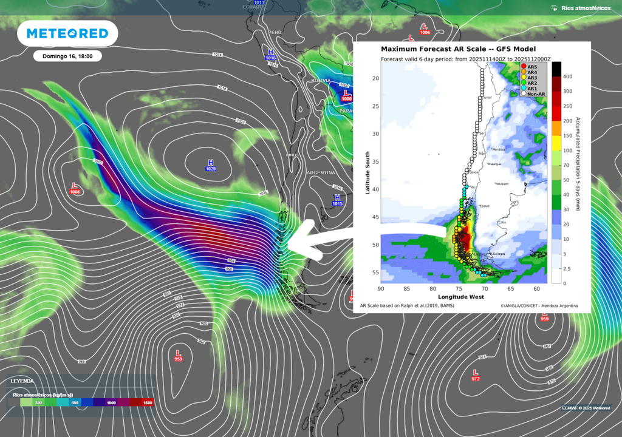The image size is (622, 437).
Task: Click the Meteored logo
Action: coord(67,34)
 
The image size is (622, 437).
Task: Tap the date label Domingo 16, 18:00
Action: coord(67,56)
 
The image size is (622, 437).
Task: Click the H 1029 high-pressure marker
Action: coord(211,165)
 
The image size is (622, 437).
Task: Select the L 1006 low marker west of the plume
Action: coord(75,188)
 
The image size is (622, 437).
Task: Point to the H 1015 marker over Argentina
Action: coord(337,200)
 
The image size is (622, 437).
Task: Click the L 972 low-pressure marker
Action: coord(475,374)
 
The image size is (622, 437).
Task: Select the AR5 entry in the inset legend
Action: coord(531,67)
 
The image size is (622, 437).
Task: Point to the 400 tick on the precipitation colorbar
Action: coord(567,76)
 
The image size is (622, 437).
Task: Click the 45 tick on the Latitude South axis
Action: coord(375,217)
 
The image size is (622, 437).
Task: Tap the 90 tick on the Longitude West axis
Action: coord(381,289)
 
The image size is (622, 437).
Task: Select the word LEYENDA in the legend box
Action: coord(23,381)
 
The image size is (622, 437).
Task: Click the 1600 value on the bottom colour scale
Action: coord(147,402)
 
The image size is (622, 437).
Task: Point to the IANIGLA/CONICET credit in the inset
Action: coord(539,305)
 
